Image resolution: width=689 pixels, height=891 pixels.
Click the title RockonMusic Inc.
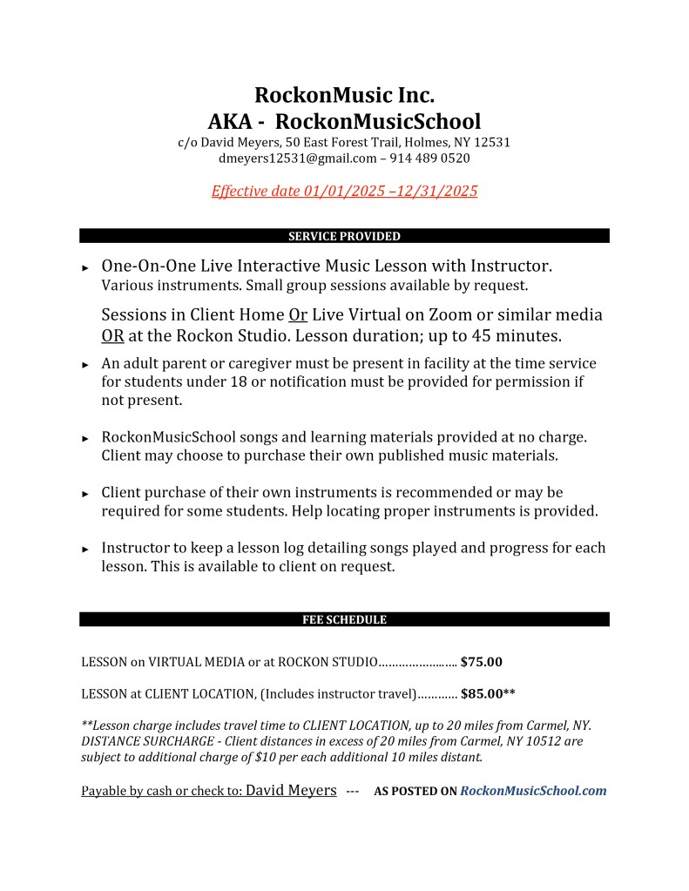pos(344,94)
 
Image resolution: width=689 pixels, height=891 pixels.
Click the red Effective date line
pos(344,191)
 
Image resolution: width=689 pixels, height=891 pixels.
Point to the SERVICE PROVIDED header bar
pos(344,236)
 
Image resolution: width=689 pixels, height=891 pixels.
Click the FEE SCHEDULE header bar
pos(344,620)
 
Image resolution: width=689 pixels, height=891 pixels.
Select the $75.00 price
pos(482,662)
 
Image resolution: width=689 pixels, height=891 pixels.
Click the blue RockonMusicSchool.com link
pos(532,791)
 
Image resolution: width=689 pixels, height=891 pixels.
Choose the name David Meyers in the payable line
pos(291,790)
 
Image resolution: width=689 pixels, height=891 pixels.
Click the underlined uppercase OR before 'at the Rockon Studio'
pos(112,336)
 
